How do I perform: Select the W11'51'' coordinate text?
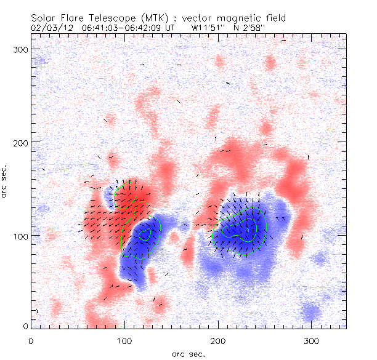click(x=209, y=28)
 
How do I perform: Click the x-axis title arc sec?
click(x=188, y=353)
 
